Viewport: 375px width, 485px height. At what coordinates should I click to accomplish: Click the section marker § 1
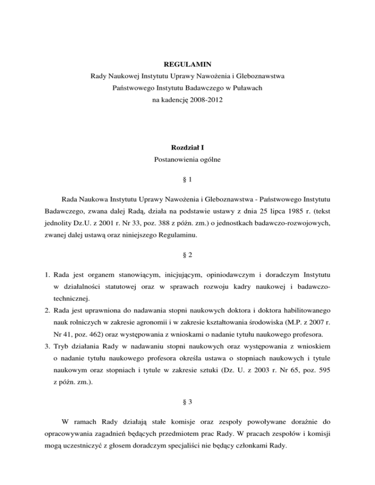(x=187, y=179)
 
